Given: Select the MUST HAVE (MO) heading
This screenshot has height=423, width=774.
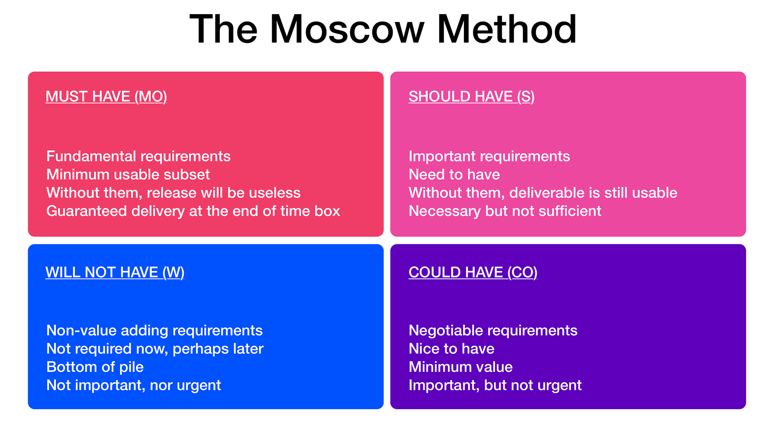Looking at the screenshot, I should click(x=106, y=96).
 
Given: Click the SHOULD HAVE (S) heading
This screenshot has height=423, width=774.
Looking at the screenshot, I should click(x=471, y=96).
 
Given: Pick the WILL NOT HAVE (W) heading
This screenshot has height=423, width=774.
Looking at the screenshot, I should click(x=115, y=272).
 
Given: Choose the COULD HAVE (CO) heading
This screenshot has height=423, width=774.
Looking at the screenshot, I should click(x=473, y=272).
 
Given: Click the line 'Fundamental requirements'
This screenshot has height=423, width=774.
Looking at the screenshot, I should click(x=138, y=156).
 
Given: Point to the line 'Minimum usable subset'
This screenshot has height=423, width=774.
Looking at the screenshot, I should click(x=128, y=175).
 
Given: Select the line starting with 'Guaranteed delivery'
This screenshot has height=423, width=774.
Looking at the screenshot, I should click(x=193, y=211).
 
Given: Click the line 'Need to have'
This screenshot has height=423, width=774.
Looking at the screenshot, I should click(x=454, y=175).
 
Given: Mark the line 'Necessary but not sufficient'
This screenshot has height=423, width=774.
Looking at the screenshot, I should click(x=505, y=211).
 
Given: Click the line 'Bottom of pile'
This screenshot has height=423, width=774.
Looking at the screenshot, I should click(x=95, y=367).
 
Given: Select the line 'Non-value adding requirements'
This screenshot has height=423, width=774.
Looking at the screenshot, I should click(x=154, y=330).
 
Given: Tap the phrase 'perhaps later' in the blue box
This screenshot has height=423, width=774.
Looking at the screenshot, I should click(x=218, y=349).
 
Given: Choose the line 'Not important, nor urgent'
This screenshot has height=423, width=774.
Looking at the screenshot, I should click(x=133, y=385).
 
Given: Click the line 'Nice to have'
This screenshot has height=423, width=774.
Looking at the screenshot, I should click(x=451, y=349).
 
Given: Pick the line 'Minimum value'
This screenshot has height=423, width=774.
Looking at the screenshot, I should click(x=461, y=367).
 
